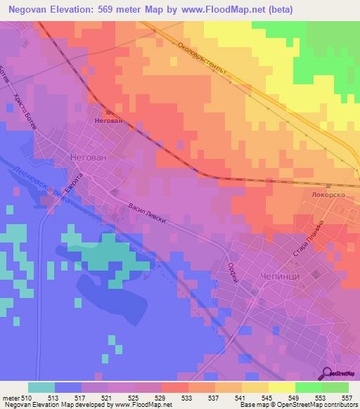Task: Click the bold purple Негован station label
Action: click(x=108, y=120)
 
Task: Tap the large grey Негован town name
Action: click(x=89, y=157)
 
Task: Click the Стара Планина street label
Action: click(x=310, y=240)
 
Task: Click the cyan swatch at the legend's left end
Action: click(x=41, y=387)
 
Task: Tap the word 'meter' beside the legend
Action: click(x=11, y=398)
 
